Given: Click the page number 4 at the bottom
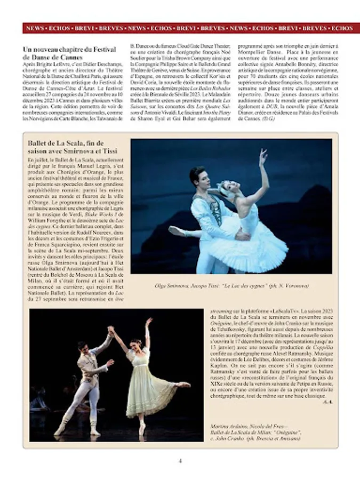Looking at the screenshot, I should pyautogui.click(x=180, y=460).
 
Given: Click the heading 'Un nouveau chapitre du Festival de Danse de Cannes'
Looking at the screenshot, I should pyautogui.click(x=69, y=53).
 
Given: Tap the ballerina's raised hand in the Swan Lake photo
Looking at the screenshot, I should pyautogui.click(x=262, y=155).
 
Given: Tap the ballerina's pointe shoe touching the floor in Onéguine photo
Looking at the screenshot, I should pyautogui.click(x=142, y=431).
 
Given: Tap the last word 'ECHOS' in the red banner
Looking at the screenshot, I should pyautogui.click(x=342, y=28).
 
